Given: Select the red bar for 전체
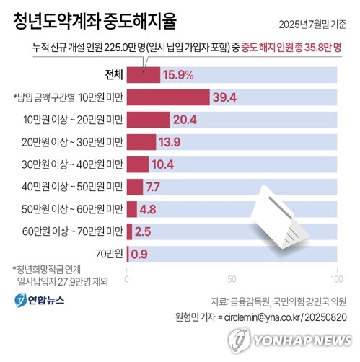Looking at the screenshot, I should tap(144, 74).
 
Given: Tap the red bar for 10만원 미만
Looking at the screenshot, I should tap(168, 97).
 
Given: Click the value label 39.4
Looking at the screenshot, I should tap(225, 97).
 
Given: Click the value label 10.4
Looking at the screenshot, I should tap(164, 164).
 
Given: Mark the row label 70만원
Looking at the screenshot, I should tap(108, 255).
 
